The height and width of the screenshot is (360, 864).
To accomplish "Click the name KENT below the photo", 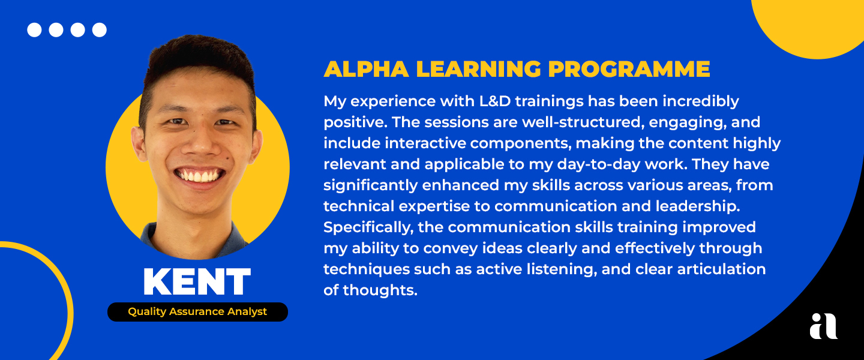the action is pos(197,281).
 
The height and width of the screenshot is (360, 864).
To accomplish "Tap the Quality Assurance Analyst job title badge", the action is pos(197,312).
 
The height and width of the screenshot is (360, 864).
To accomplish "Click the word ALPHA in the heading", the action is pos(366,69).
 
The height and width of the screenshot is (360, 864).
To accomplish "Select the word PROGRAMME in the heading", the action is pos(629,69).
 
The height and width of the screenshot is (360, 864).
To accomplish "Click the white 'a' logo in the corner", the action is pos(823,326).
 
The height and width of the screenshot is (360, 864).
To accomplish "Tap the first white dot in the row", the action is pos(34,30).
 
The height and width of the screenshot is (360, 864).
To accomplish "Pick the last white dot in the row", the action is pos(99,30).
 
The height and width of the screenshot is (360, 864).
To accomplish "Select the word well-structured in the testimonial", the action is pos(583,122).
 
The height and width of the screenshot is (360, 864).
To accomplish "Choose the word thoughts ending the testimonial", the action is pos(380,290).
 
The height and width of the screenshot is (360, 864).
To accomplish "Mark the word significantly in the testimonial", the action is pos(370,185).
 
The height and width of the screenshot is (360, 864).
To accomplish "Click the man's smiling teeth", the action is pos(199,176).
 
